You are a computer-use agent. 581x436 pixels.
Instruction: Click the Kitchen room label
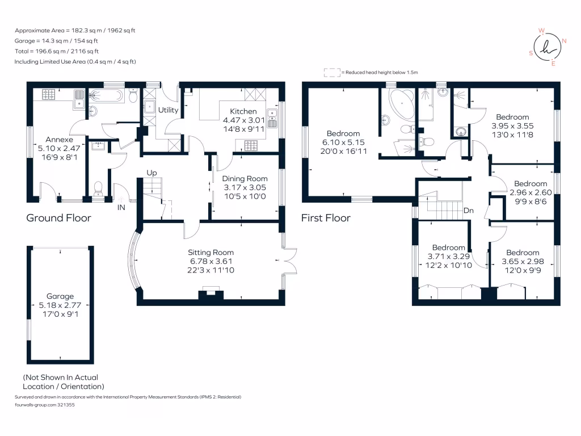(x=243, y=111)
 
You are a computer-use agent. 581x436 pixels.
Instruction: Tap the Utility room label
(x=169, y=110)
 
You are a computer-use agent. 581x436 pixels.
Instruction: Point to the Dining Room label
(x=245, y=179)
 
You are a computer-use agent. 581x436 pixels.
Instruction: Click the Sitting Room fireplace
(x=210, y=294)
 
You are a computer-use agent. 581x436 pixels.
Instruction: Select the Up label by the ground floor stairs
(x=151, y=173)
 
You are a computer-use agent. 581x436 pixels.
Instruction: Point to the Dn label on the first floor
(x=468, y=210)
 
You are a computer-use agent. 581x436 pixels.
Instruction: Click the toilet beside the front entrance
(x=98, y=187)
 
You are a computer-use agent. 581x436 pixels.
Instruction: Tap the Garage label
(x=60, y=296)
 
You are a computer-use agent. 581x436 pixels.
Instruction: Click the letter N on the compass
(x=564, y=41)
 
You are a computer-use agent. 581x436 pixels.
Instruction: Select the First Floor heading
(x=326, y=218)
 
